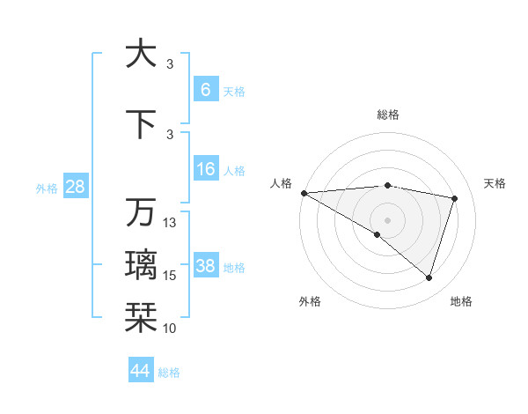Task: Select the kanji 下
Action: click(141, 122)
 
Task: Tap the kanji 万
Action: click(141, 212)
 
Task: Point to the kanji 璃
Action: click(141, 263)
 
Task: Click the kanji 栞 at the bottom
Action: click(141, 315)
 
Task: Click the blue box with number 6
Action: click(206, 90)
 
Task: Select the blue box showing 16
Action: click(206, 169)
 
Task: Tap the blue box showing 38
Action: click(206, 266)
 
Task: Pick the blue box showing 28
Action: click(75, 188)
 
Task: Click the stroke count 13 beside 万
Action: click(171, 222)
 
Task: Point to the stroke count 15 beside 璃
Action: click(171, 276)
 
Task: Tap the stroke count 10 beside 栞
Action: click(171, 328)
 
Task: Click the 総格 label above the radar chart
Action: click(387, 115)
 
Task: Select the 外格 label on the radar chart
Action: click(310, 301)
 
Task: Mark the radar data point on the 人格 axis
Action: click(304, 192)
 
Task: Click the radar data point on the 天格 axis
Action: click(455, 198)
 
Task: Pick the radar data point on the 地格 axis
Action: click(429, 278)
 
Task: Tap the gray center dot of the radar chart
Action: click(387, 219)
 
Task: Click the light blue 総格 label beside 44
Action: click(169, 373)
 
